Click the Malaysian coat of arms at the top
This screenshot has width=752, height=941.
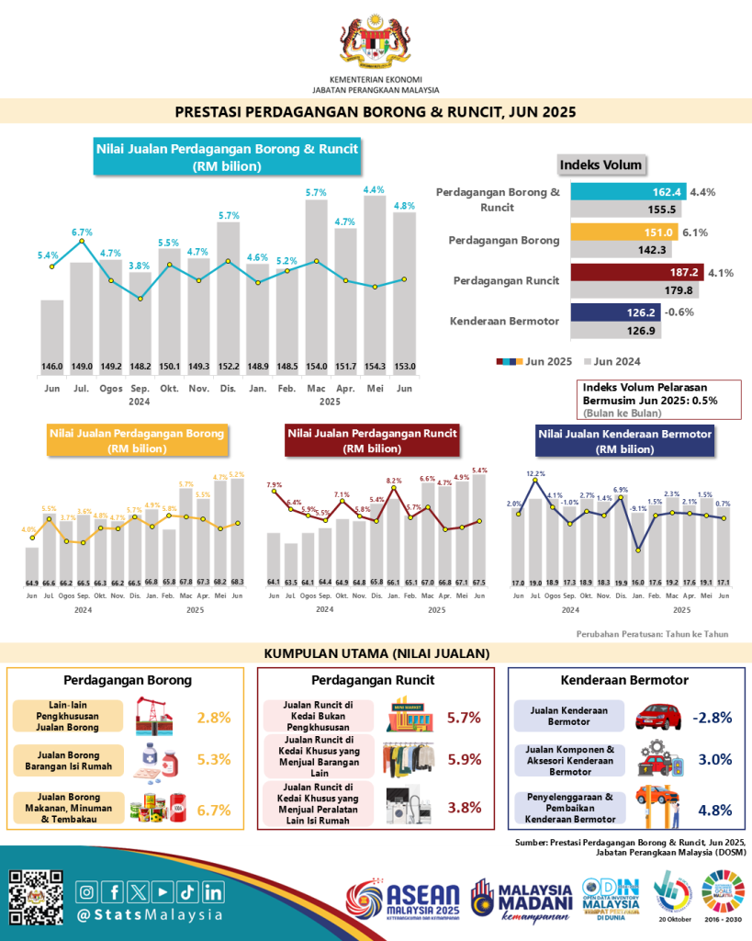tap(376, 40)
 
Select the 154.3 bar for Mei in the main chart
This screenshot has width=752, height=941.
tap(375, 285)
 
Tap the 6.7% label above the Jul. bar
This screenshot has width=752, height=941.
tap(82, 232)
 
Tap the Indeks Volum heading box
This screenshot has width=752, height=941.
tap(600, 164)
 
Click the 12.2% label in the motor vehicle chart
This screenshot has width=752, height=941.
tap(536, 474)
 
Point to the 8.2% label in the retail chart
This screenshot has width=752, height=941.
tap(395, 481)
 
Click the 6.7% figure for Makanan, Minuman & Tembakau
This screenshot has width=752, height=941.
tap(214, 810)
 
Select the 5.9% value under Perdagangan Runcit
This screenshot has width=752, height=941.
tap(463, 760)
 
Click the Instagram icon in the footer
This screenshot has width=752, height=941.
tap(88, 891)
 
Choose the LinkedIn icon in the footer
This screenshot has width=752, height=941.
tap(213, 891)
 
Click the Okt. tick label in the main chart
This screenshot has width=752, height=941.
tap(169, 389)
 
